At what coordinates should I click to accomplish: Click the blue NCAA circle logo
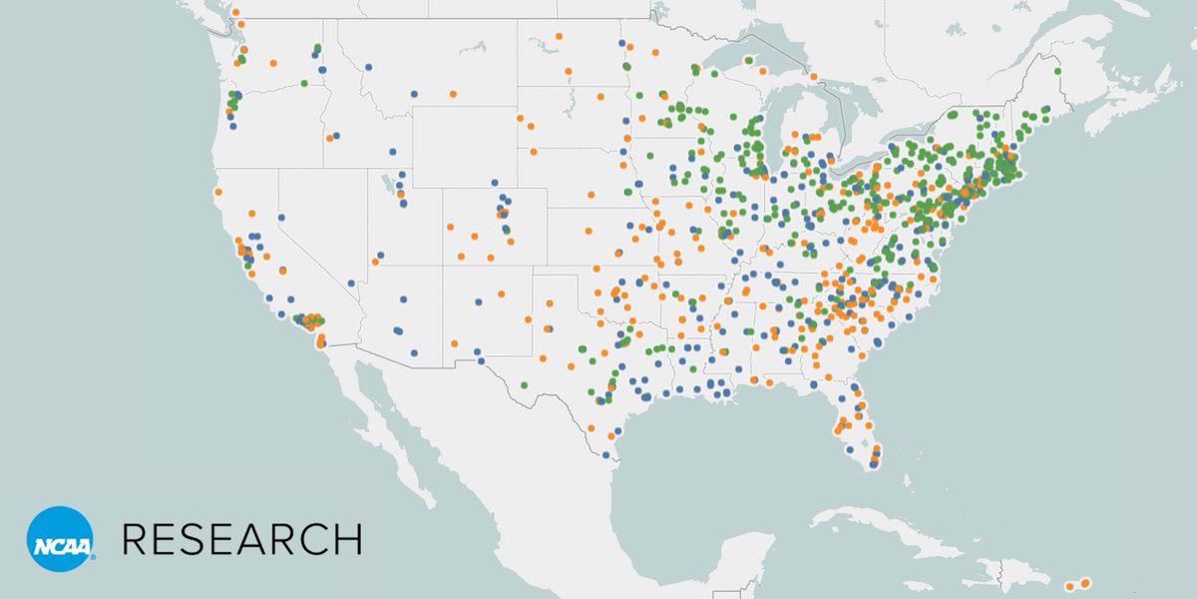[x=60, y=539]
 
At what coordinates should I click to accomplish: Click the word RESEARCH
[x=241, y=539]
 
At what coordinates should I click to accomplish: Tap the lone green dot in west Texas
[x=524, y=385]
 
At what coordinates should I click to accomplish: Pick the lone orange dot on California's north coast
[x=217, y=192]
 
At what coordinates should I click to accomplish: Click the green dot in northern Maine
[x=1056, y=71]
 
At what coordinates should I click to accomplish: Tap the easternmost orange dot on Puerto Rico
[x=1085, y=582]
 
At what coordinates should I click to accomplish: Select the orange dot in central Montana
[x=453, y=94]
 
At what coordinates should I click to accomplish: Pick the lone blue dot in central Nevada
[x=282, y=217]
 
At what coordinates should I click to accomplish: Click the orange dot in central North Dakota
[x=568, y=71]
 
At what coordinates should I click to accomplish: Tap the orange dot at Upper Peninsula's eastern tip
[x=813, y=77]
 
